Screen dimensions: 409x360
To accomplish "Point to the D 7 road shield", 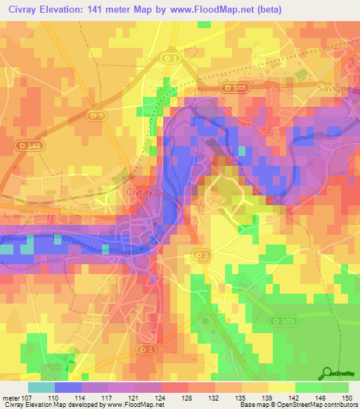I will click(x=98, y=114).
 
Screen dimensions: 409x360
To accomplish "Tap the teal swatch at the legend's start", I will click(x=41, y=387).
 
